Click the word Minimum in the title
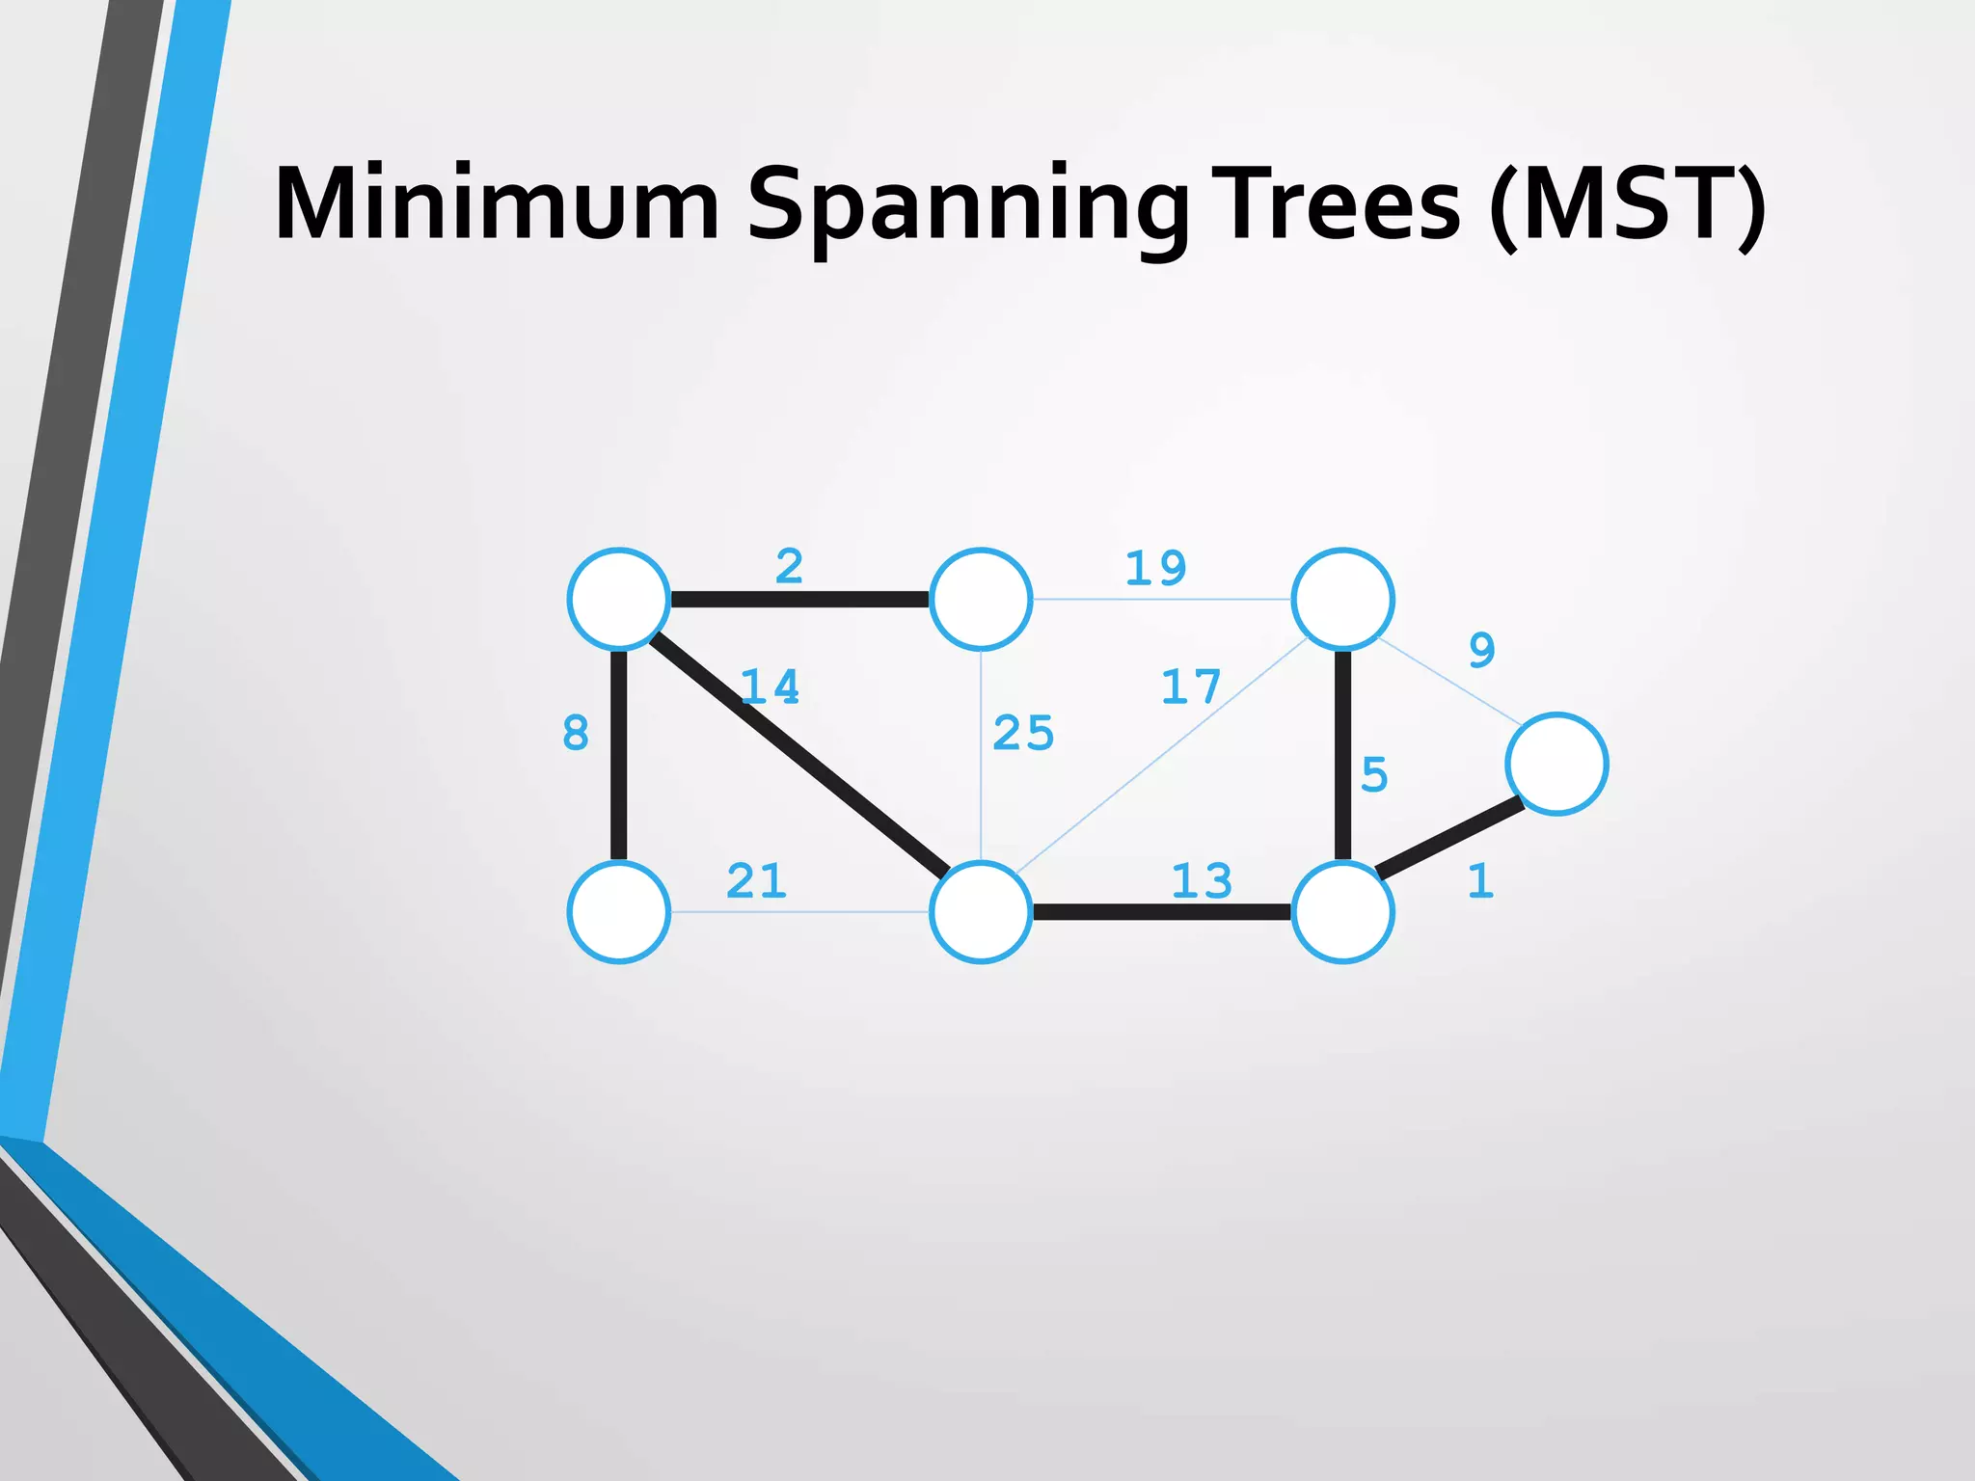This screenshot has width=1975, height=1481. [x=496, y=204]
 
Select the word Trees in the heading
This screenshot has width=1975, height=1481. [x=1336, y=204]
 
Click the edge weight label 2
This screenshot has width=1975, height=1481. [x=789, y=566]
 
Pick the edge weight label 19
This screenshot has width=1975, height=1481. [x=1155, y=568]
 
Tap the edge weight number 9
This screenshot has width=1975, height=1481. [x=1482, y=650]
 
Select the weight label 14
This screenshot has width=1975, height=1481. [x=770, y=687]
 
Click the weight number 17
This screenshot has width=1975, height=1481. [x=1191, y=687]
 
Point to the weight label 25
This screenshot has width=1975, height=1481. [x=1023, y=733]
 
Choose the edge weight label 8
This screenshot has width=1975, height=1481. [x=576, y=733]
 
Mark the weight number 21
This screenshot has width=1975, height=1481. [x=756, y=880]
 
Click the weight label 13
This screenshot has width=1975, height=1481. [x=1202, y=881]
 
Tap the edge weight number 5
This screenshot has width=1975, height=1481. [x=1374, y=774]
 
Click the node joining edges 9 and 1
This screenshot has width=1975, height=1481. [x=1556, y=764]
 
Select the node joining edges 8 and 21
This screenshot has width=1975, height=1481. [x=619, y=912]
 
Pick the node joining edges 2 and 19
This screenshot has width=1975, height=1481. [x=981, y=599]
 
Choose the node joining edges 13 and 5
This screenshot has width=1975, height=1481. [x=1342, y=912]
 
